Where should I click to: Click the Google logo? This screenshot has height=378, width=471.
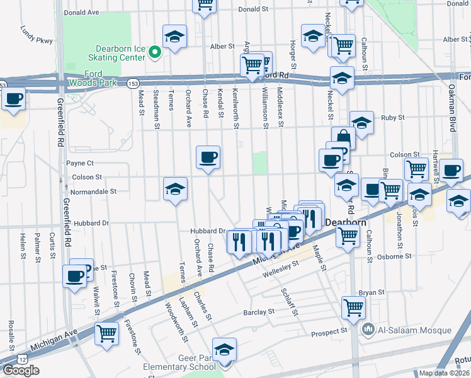(21, 370)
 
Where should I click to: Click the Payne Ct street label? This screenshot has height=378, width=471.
(80, 163)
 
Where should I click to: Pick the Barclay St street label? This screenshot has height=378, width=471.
(259, 312)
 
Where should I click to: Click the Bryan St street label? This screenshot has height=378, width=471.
(371, 292)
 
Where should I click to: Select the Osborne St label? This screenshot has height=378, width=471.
(394, 257)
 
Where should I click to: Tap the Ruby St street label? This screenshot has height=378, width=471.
(392, 118)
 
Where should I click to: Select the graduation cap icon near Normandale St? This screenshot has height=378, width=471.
(174, 188)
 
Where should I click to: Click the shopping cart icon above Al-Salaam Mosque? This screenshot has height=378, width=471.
(353, 308)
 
